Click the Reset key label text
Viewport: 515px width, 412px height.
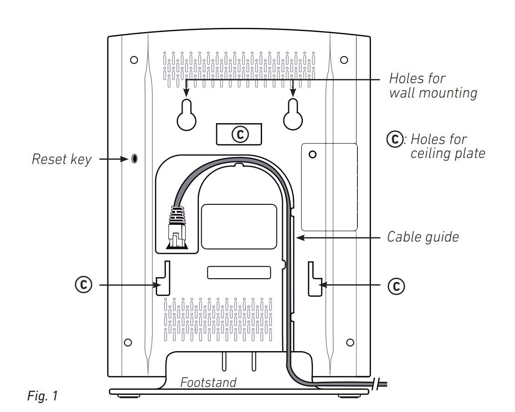(61, 159)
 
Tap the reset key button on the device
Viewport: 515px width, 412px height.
(134, 158)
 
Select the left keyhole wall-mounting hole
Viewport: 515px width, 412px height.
(186, 115)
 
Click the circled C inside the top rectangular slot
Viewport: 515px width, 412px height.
(240, 134)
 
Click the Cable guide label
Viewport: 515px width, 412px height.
(423, 237)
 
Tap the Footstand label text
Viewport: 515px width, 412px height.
(208, 382)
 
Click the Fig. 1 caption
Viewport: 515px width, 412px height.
(42, 396)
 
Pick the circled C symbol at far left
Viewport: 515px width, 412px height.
(83, 284)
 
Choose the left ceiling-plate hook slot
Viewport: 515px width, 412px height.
(163, 278)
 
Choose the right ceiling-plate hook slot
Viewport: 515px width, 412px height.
(315, 279)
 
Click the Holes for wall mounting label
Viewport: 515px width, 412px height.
(433, 85)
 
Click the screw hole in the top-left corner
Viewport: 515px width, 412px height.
(134, 60)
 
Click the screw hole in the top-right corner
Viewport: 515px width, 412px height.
(344, 60)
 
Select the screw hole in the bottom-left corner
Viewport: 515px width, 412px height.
(128, 342)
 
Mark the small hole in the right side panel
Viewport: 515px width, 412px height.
(313, 154)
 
